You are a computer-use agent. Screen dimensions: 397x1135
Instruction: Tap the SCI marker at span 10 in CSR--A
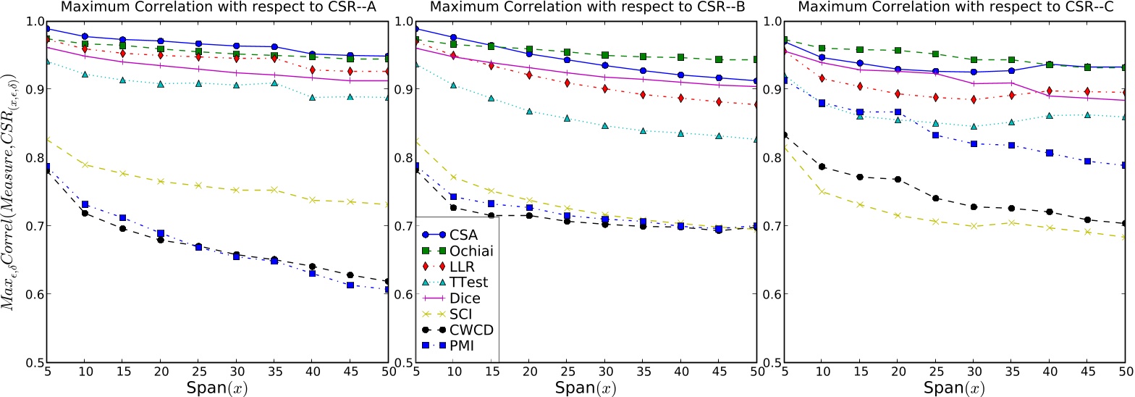pyautogui.click(x=85, y=164)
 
